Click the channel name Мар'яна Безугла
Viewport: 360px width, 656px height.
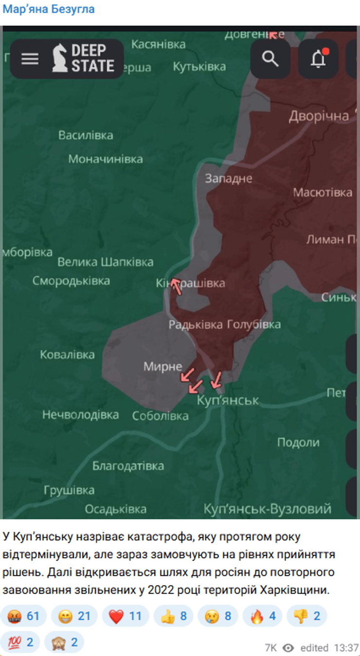49,9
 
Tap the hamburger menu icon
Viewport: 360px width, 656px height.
30,59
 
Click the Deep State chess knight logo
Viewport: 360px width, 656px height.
60,58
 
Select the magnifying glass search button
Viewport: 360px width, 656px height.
270,59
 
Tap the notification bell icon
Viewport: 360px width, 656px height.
318,59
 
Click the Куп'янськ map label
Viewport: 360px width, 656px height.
228,401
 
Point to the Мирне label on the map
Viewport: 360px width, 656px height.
162,366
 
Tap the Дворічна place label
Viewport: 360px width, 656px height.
319,116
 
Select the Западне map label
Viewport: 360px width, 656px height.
228,178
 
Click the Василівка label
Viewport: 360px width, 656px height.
86,135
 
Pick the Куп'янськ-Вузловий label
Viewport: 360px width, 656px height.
268,509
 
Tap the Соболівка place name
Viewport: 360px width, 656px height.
160,416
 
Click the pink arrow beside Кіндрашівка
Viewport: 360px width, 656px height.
176,286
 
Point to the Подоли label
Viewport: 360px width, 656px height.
298,443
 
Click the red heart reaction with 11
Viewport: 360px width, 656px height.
125,616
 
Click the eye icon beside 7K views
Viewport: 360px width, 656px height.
288,648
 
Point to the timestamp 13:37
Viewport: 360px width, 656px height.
346,648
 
